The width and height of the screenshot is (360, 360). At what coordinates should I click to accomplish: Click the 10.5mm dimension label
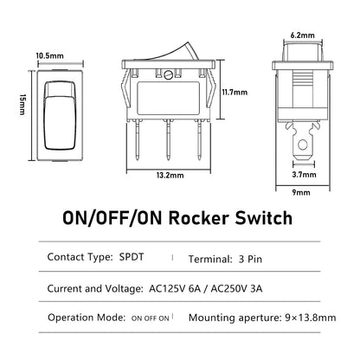click(x=49, y=55)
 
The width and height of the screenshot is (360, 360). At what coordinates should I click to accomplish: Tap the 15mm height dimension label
click(x=22, y=105)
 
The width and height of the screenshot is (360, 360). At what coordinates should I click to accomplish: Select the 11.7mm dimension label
click(x=235, y=93)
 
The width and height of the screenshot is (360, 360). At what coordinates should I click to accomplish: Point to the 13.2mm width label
click(x=170, y=175)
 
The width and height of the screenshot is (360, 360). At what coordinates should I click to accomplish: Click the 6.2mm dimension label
click(x=303, y=35)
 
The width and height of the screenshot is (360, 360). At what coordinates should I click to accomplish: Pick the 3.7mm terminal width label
click(x=304, y=175)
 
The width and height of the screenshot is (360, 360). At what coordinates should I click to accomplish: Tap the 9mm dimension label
click(x=301, y=192)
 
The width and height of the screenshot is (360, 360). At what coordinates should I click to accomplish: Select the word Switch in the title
click(x=264, y=218)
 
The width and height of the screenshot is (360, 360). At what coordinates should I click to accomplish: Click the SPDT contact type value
click(x=132, y=257)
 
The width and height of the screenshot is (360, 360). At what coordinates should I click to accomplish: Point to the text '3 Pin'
click(x=250, y=259)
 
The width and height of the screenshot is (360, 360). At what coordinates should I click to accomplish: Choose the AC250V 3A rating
click(x=236, y=288)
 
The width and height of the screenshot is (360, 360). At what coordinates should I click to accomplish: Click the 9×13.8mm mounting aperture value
click(x=311, y=318)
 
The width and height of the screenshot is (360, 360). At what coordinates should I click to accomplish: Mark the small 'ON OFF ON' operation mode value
click(x=150, y=318)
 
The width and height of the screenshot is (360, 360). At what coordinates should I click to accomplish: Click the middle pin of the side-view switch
click(x=168, y=139)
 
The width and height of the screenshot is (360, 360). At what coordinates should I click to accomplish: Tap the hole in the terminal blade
click(x=303, y=145)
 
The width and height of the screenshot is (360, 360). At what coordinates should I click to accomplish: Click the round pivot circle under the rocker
click(x=168, y=75)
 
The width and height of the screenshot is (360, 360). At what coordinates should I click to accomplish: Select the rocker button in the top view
click(x=60, y=115)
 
